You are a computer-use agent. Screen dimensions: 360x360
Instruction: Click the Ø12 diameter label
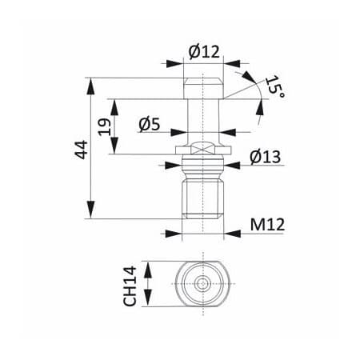(204, 52)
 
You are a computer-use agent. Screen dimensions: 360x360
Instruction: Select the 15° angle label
(275, 86)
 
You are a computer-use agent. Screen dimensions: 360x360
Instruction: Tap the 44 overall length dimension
(81, 150)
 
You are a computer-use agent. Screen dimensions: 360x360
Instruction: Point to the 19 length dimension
(105, 127)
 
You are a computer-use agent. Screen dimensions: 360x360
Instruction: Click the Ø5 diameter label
(150, 125)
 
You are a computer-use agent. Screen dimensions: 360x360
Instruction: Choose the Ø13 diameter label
(266, 157)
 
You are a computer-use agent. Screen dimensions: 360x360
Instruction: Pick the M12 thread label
(267, 225)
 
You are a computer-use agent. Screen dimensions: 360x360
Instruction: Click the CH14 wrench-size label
(130, 286)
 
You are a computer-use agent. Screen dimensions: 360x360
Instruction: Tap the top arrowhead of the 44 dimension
(90, 86)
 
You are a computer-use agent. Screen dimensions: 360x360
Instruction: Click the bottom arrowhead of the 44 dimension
(90, 210)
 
